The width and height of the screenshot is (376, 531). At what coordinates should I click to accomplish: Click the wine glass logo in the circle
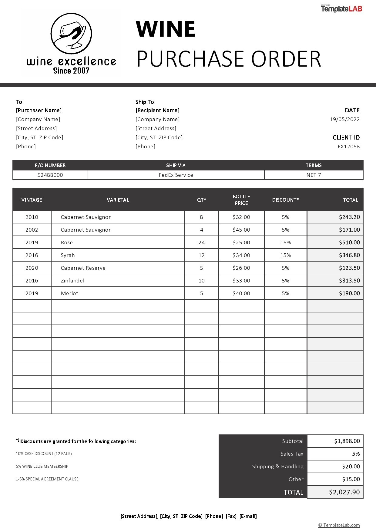coord(71,33)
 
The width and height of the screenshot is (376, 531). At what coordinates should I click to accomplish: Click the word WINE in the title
coord(166,29)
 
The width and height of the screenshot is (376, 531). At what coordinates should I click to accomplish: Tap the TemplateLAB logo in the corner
coord(341,9)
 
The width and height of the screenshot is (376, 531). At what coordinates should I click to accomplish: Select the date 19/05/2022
coord(344,119)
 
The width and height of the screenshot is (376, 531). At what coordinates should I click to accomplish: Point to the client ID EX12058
coord(348,147)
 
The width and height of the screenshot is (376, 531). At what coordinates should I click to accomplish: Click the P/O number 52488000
coord(50,175)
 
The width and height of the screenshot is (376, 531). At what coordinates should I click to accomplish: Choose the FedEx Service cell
coord(176,175)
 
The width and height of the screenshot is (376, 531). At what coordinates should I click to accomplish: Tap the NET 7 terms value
coord(314,175)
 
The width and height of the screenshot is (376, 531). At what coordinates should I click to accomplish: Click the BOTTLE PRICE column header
coord(241,200)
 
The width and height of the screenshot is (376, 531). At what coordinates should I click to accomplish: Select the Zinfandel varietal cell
coord(72,281)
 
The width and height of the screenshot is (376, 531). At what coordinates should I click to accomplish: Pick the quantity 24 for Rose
coord(201,242)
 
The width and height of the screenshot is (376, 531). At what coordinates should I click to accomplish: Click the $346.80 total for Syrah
coord(349,255)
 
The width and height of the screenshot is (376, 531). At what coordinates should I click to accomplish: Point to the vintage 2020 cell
coord(32,268)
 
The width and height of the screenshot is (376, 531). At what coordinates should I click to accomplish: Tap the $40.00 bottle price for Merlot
coord(241,293)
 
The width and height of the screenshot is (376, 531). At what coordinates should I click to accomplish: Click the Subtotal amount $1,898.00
coord(347,441)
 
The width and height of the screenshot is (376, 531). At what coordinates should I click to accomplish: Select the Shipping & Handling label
coord(278,467)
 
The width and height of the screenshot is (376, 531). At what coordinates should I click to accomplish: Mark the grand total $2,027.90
coord(344,492)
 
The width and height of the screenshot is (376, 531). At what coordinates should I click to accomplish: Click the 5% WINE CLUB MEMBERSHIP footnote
coord(42,466)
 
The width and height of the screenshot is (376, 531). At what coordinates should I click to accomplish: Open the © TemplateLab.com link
coord(339,525)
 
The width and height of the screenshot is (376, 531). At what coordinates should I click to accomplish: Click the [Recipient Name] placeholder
coord(157,110)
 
